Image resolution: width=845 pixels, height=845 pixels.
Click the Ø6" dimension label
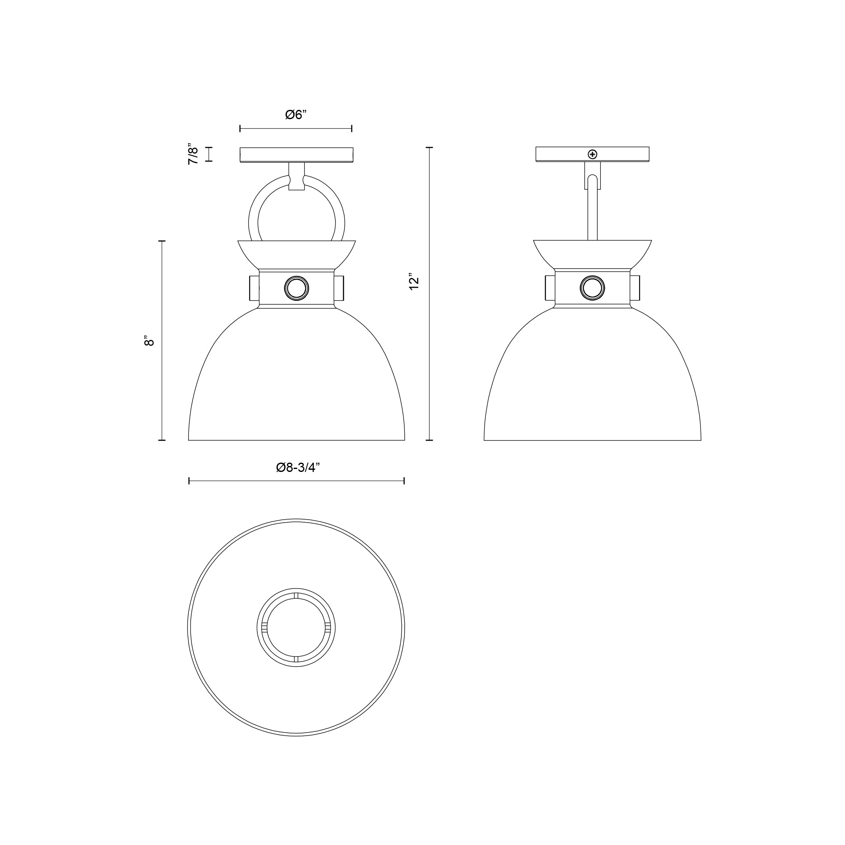tap(296, 115)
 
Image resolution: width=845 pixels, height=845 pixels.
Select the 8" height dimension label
tap(149, 341)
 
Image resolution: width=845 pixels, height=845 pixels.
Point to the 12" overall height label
tap(414, 283)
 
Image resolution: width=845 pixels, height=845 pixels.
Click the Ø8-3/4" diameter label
tap(298, 468)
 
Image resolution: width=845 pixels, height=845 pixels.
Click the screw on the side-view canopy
tap(592, 154)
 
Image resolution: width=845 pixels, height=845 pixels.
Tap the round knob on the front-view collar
tap(296, 288)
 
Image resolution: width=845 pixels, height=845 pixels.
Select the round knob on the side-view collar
tap(592, 288)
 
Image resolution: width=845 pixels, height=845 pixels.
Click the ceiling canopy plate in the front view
tap(296, 154)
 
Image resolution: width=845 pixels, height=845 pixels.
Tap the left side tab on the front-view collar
tap(253, 288)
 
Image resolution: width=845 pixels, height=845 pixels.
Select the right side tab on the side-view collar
tap(635, 288)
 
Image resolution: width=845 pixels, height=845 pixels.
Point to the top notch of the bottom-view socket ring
tap(296, 595)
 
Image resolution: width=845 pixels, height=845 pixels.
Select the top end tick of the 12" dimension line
tap(429, 148)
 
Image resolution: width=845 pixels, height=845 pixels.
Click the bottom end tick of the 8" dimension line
tap(162, 440)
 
